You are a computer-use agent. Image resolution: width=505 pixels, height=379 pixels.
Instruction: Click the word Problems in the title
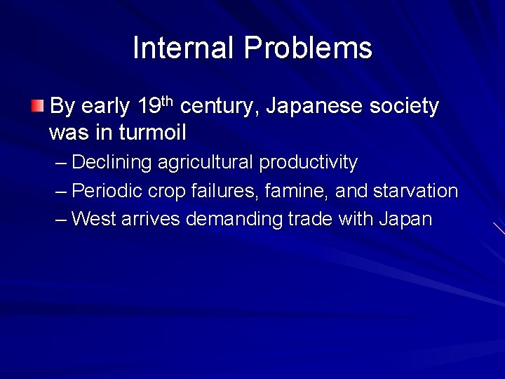(308, 48)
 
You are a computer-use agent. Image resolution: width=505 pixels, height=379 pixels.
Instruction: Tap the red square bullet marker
(37, 107)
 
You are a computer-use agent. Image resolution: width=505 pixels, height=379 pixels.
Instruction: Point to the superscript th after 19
(166, 102)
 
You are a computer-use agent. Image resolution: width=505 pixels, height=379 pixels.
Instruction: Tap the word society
(406, 107)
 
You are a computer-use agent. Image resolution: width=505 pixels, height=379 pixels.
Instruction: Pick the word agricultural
(206, 163)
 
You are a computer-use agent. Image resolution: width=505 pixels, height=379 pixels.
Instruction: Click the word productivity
(309, 163)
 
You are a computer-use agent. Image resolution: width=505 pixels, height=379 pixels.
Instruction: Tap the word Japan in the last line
(405, 219)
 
